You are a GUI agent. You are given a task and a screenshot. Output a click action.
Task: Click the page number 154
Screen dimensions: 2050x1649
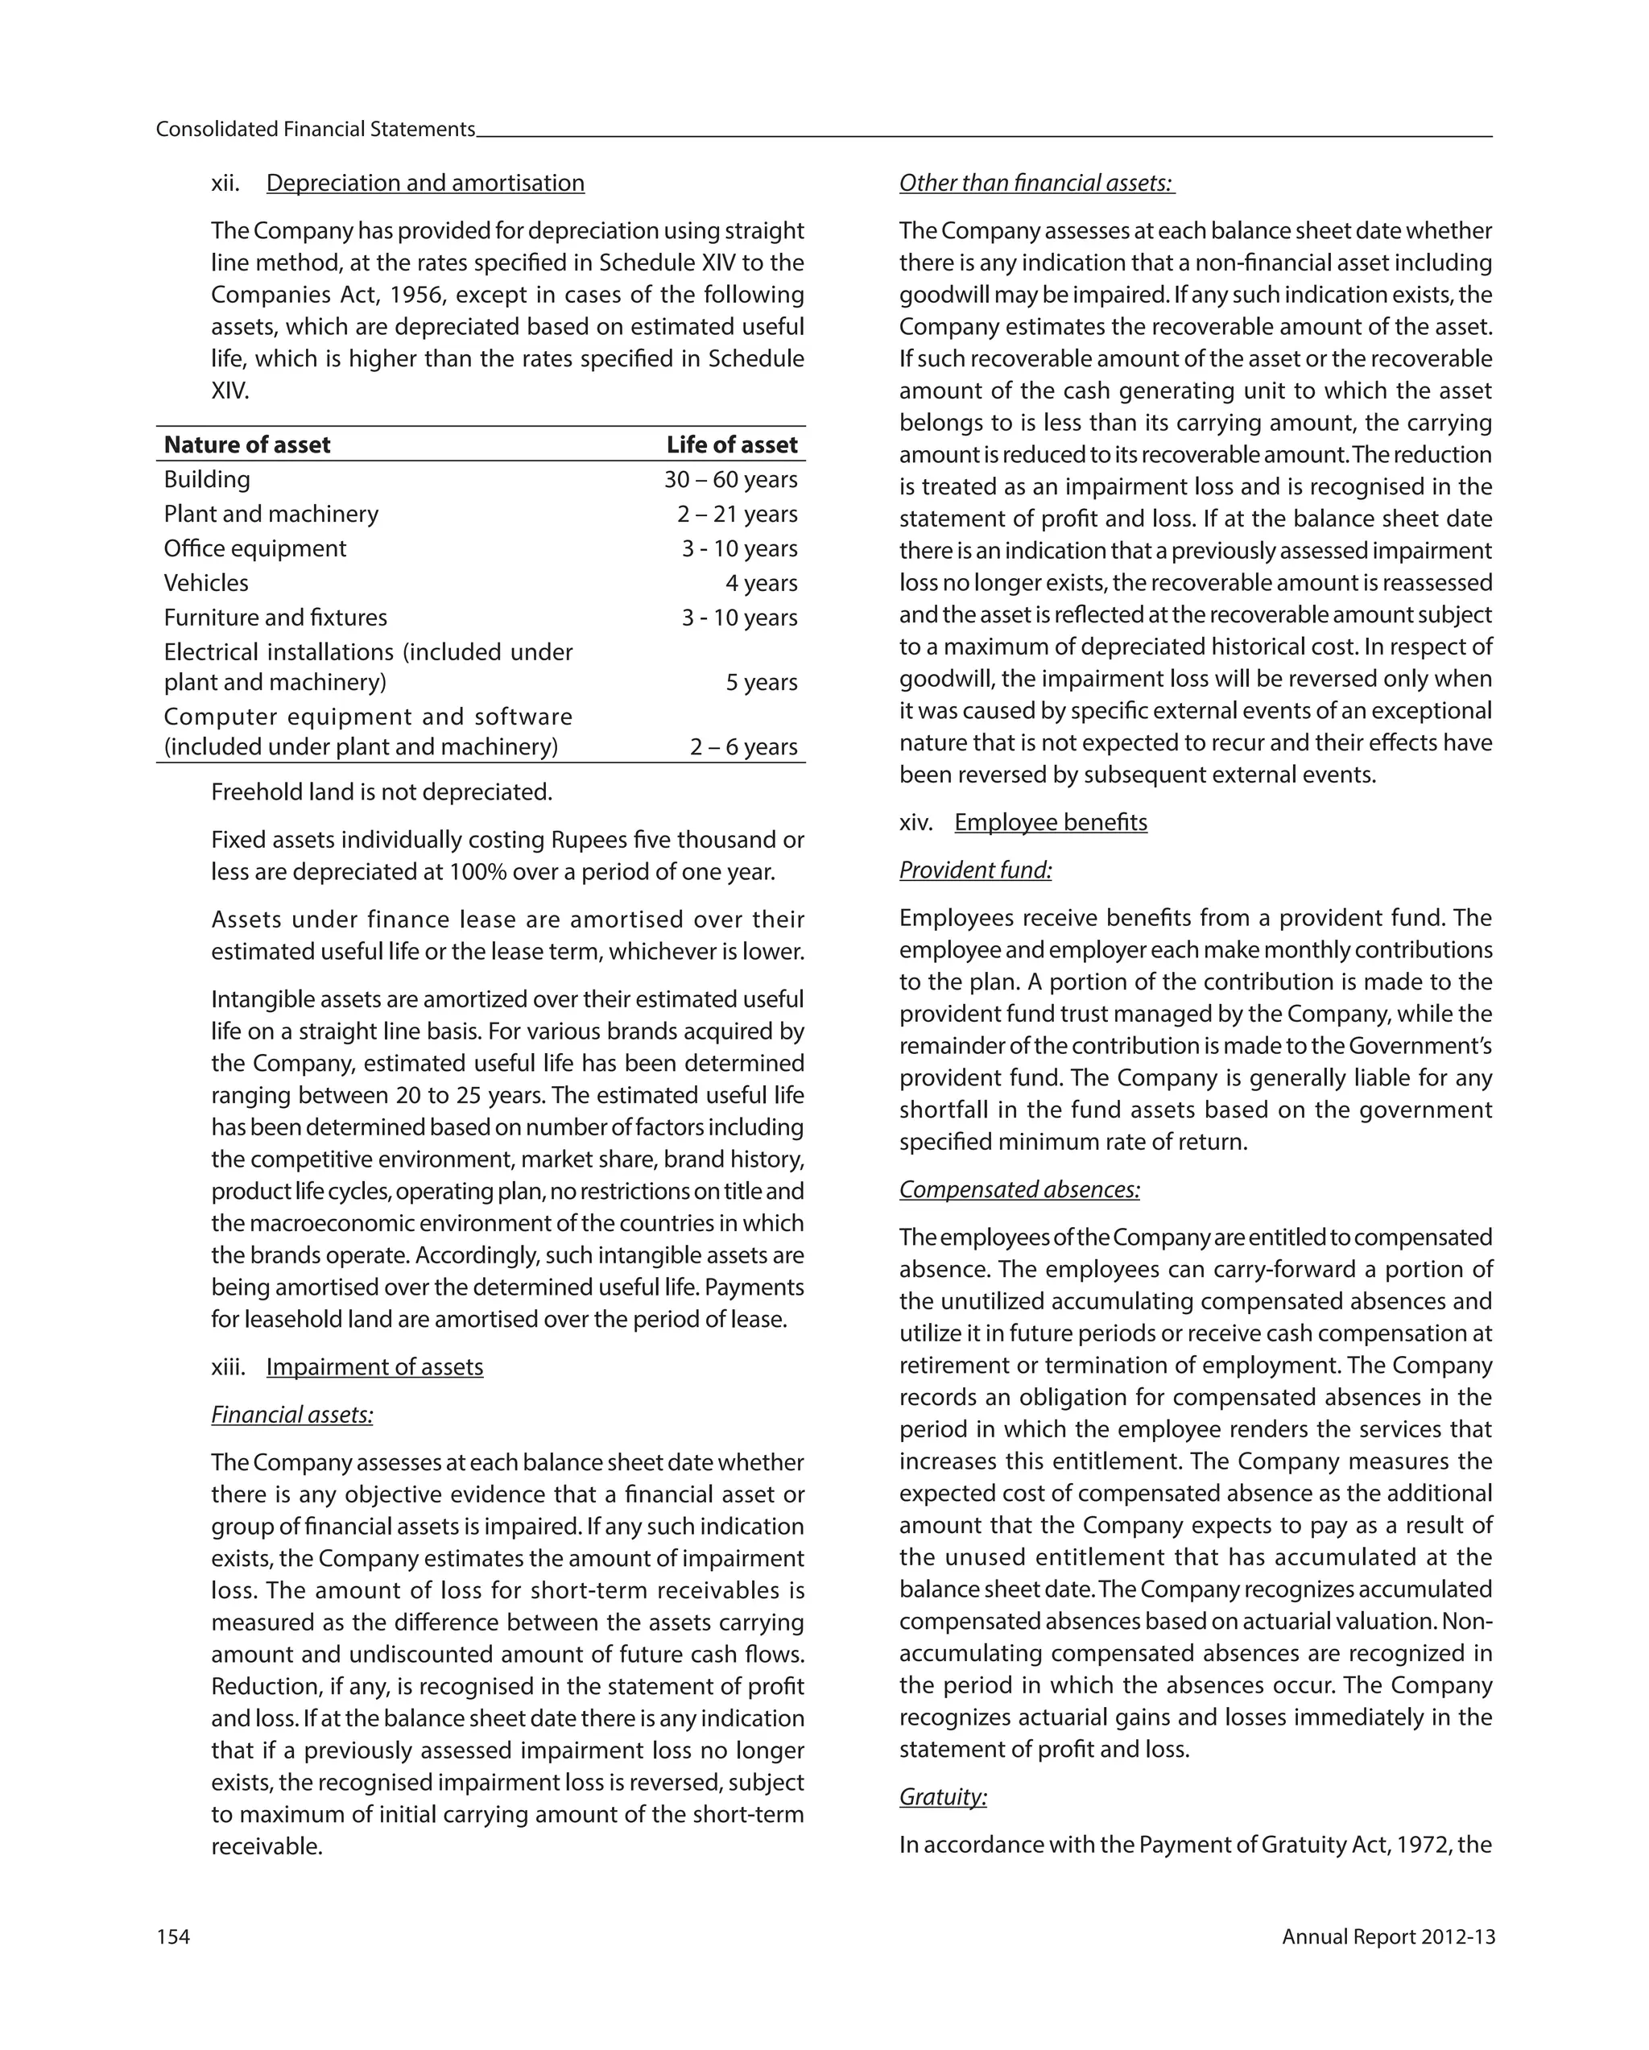[173, 1936]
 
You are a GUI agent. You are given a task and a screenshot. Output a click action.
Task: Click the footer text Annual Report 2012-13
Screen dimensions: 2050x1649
[1387, 1936]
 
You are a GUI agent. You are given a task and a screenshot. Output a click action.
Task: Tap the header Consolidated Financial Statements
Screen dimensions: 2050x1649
[315, 130]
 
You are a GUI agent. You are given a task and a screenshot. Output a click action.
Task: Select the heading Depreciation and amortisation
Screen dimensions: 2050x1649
[425, 183]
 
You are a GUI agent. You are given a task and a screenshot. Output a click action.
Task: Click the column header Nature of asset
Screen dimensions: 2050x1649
[247, 445]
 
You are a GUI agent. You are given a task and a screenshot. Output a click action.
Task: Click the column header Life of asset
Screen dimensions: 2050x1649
[731, 445]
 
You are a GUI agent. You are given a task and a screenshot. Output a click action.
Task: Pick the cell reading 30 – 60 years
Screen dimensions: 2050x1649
[730, 479]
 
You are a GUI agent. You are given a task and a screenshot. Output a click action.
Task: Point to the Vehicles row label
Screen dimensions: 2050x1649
[206, 583]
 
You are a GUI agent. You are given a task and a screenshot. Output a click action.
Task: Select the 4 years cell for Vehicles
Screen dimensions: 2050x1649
[761, 583]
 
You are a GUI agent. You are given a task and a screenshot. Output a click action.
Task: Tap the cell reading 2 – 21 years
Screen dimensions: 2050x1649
[737, 515]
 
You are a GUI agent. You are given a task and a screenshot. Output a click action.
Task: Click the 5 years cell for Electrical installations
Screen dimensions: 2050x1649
[761, 683]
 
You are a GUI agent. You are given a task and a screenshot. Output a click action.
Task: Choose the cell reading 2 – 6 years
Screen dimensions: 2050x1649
[744, 747]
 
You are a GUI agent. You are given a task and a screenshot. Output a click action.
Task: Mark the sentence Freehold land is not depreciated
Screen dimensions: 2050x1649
[382, 792]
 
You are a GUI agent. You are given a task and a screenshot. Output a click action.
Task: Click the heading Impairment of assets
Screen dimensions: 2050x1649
[374, 1367]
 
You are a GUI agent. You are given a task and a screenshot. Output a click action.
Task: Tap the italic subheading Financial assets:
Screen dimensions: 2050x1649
[292, 1415]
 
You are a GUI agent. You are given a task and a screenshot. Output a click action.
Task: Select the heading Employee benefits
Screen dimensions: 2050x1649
[1051, 822]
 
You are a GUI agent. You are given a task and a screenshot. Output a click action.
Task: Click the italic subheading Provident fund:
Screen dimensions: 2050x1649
[976, 870]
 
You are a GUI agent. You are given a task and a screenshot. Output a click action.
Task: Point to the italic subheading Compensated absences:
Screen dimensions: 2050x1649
[1019, 1189]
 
